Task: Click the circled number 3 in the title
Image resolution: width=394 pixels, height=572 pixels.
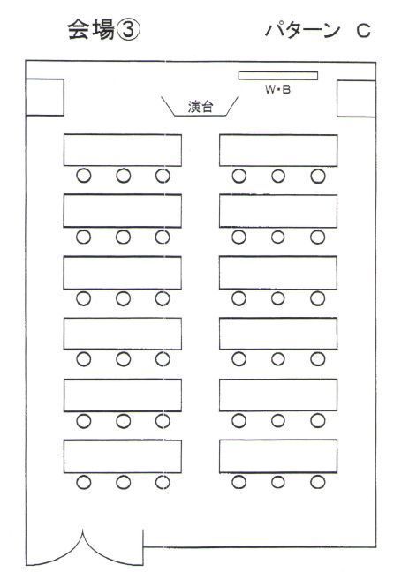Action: coord(127,30)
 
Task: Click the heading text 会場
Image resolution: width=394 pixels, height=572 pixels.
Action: coord(91,30)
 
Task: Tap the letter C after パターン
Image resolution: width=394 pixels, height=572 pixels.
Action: coord(363,31)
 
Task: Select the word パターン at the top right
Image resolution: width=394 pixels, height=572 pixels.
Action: coord(302,31)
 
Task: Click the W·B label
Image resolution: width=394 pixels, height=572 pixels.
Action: coord(278,89)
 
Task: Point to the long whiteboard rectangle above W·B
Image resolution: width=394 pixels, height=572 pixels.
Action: coord(278,76)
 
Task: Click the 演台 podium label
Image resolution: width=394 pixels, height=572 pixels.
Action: coord(201,107)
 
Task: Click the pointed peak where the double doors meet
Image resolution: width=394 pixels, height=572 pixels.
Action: coord(82,532)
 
